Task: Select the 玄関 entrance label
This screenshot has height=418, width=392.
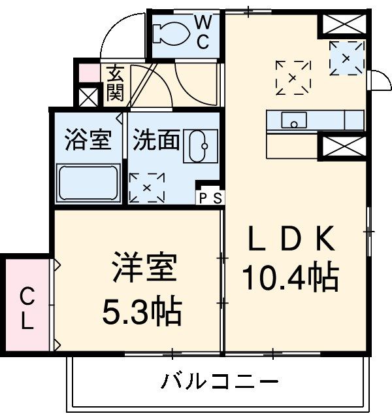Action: [116, 83]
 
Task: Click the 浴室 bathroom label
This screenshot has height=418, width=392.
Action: [87, 140]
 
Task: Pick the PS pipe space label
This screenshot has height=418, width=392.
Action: [210, 196]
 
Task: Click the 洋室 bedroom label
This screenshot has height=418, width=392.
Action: [144, 268]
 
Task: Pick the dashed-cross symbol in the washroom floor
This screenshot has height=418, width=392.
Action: [147, 187]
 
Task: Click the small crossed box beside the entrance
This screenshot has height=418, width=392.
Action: [88, 96]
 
